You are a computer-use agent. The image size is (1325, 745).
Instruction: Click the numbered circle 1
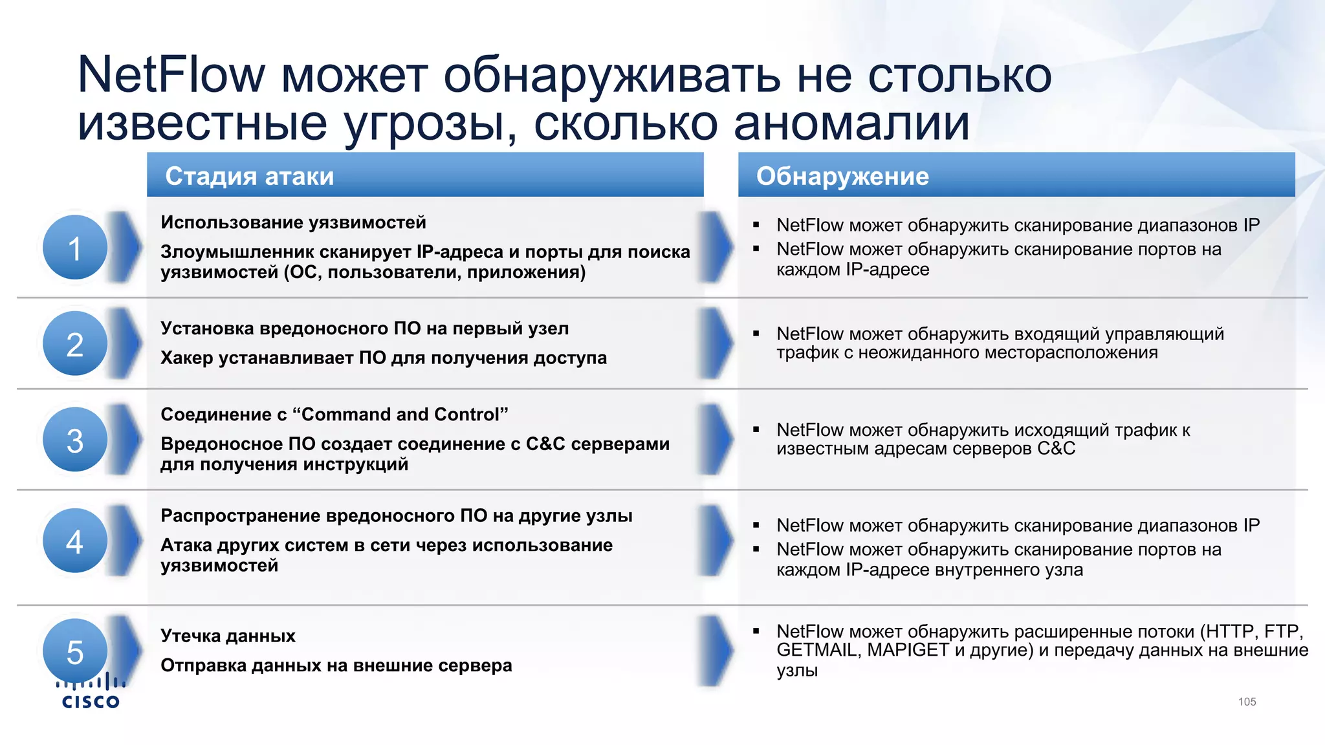point(75,248)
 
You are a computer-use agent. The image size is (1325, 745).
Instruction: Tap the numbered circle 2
point(75,343)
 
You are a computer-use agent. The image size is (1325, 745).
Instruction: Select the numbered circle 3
point(75,440)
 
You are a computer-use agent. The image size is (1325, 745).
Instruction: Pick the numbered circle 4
point(75,541)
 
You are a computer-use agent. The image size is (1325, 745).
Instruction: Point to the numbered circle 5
point(75,651)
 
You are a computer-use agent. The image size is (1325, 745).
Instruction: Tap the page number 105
point(1247,702)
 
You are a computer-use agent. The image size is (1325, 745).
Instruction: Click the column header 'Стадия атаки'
point(250,176)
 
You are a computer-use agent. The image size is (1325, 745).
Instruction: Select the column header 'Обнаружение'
point(842,176)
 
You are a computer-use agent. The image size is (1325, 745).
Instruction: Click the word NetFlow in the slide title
point(171,75)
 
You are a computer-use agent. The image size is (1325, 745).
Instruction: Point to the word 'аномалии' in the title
point(851,123)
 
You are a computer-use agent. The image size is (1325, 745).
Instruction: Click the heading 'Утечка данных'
point(228,636)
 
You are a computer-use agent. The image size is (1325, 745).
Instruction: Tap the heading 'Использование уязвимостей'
point(293,222)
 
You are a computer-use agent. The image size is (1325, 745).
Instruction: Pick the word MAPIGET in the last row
point(908,650)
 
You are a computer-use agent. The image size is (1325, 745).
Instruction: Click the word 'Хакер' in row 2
point(186,358)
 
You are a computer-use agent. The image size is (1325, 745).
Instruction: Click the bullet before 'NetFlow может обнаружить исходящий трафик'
point(756,429)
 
